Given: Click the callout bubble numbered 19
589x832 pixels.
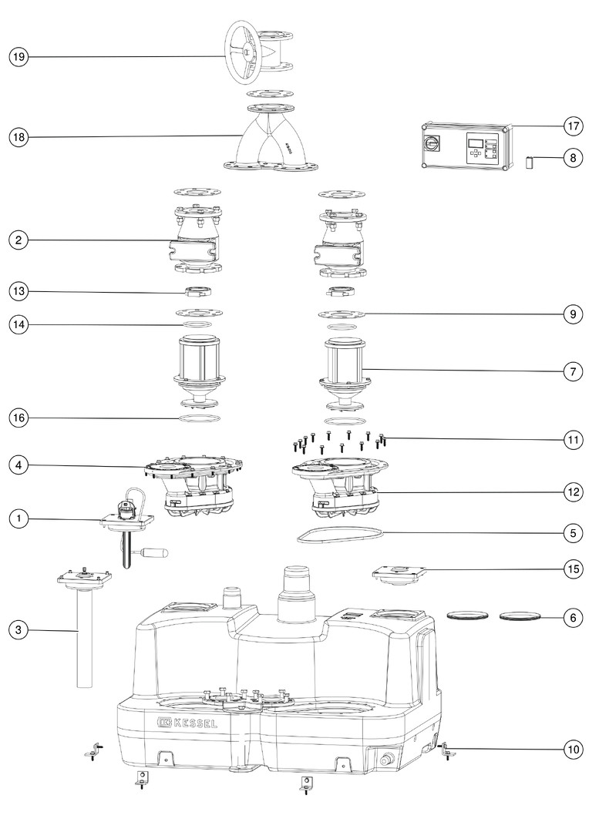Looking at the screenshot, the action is pyautogui.click(x=19, y=57).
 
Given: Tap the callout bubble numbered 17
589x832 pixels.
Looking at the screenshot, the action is pyautogui.click(x=573, y=126).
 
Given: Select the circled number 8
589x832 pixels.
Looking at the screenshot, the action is pyautogui.click(x=573, y=158).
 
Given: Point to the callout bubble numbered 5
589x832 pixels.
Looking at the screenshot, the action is pyautogui.click(x=573, y=533).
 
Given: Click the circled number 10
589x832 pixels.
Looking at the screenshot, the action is pyautogui.click(x=573, y=750).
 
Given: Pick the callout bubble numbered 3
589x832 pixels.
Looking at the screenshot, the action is pyautogui.click(x=19, y=630).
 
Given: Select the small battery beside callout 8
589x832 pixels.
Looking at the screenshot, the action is pyautogui.click(x=529, y=162).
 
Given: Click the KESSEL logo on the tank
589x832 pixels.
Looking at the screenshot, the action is pyautogui.click(x=187, y=722).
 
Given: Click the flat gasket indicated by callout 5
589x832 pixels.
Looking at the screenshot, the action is pyautogui.click(x=339, y=535).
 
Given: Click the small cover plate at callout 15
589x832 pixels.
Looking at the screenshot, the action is pyautogui.click(x=400, y=575).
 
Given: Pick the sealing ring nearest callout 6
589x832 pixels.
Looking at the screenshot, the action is pyautogui.click(x=521, y=616).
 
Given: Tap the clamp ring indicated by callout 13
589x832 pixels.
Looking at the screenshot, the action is pyautogui.click(x=199, y=291).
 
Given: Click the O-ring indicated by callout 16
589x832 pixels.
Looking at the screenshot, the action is pyautogui.click(x=198, y=418).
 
